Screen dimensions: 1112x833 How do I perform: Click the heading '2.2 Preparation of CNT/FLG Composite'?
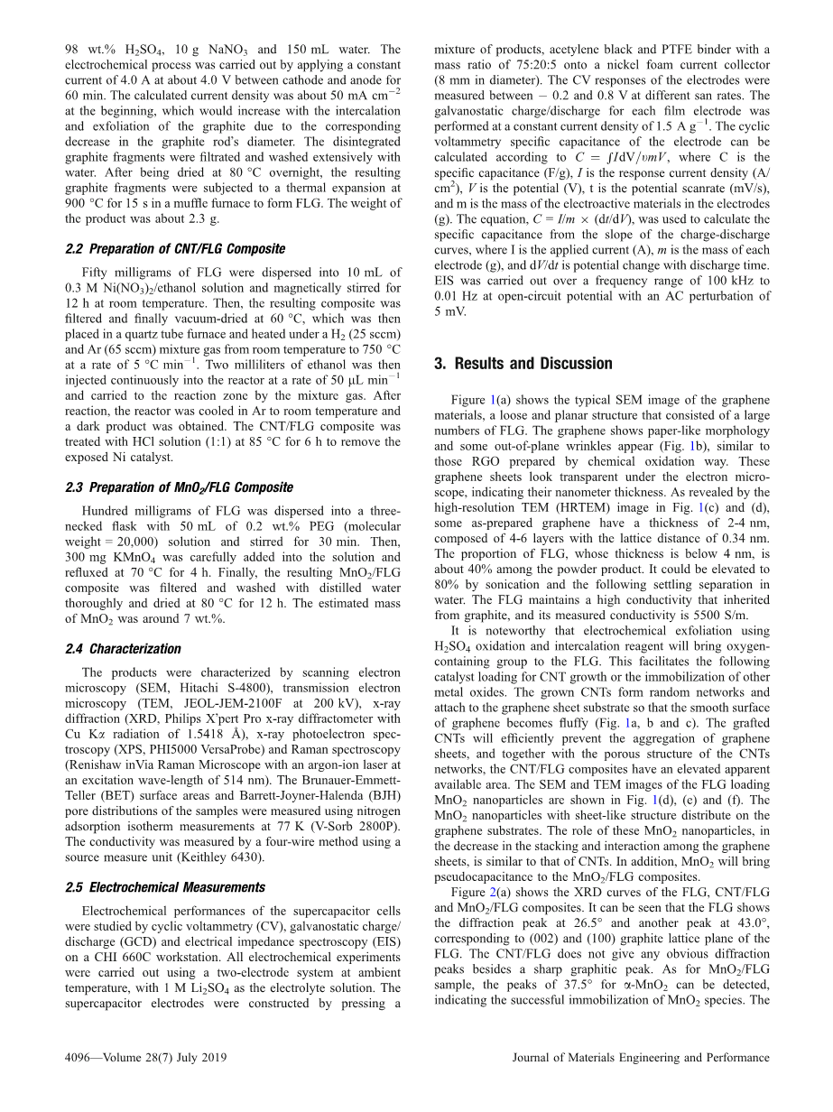pos(175,248)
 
